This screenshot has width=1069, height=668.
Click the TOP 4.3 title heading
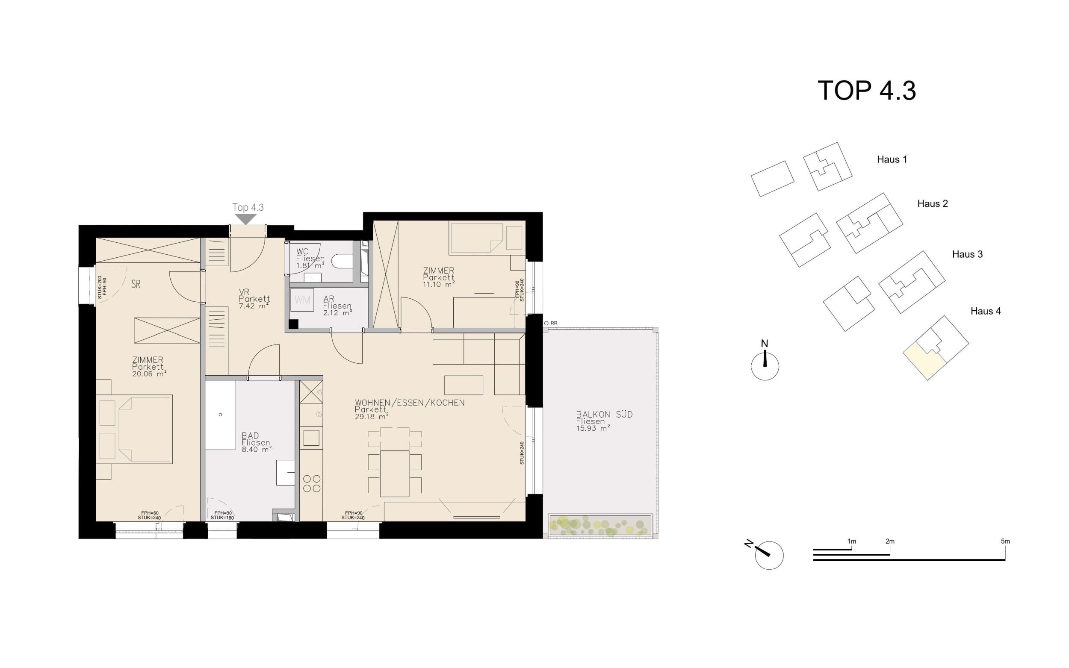pyautogui.click(x=866, y=91)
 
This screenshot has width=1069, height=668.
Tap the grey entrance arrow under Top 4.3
pyautogui.click(x=246, y=219)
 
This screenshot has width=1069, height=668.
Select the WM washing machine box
pyautogui.click(x=302, y=300)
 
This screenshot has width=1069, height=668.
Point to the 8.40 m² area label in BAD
pyautogui.click(x=256, y=450)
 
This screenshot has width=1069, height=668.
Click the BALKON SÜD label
pyautogui.click(x=604, y=415)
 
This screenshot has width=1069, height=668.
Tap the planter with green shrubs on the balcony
pyautogui.click(x=600, y=526)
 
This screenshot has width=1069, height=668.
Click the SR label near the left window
pyautogui.click(x=136, y=285)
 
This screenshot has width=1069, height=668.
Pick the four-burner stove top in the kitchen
pyautogui.click(x=312, y=483)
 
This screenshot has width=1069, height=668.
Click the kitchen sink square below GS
pyautogui.click(x=311, y=438)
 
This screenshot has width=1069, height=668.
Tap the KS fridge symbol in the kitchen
pyautogui.click(x=312, y=391)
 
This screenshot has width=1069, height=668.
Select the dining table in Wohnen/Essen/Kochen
pyautogui.click(x=395, y=473)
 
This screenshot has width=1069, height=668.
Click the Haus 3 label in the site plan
pyautogui.click(x=967, y=254)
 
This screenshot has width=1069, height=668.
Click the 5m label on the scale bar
pyautogui.click(x=1005, y=541)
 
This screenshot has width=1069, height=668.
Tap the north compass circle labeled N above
pyautogui.click(x=765, y=366)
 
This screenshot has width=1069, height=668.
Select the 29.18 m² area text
pyautogui.click(x=371, y=417)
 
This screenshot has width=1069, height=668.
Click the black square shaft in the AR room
pyautogui.click(x=293, y=324)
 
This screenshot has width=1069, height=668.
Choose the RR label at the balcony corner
pyautogui.click(x=554, y=324)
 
